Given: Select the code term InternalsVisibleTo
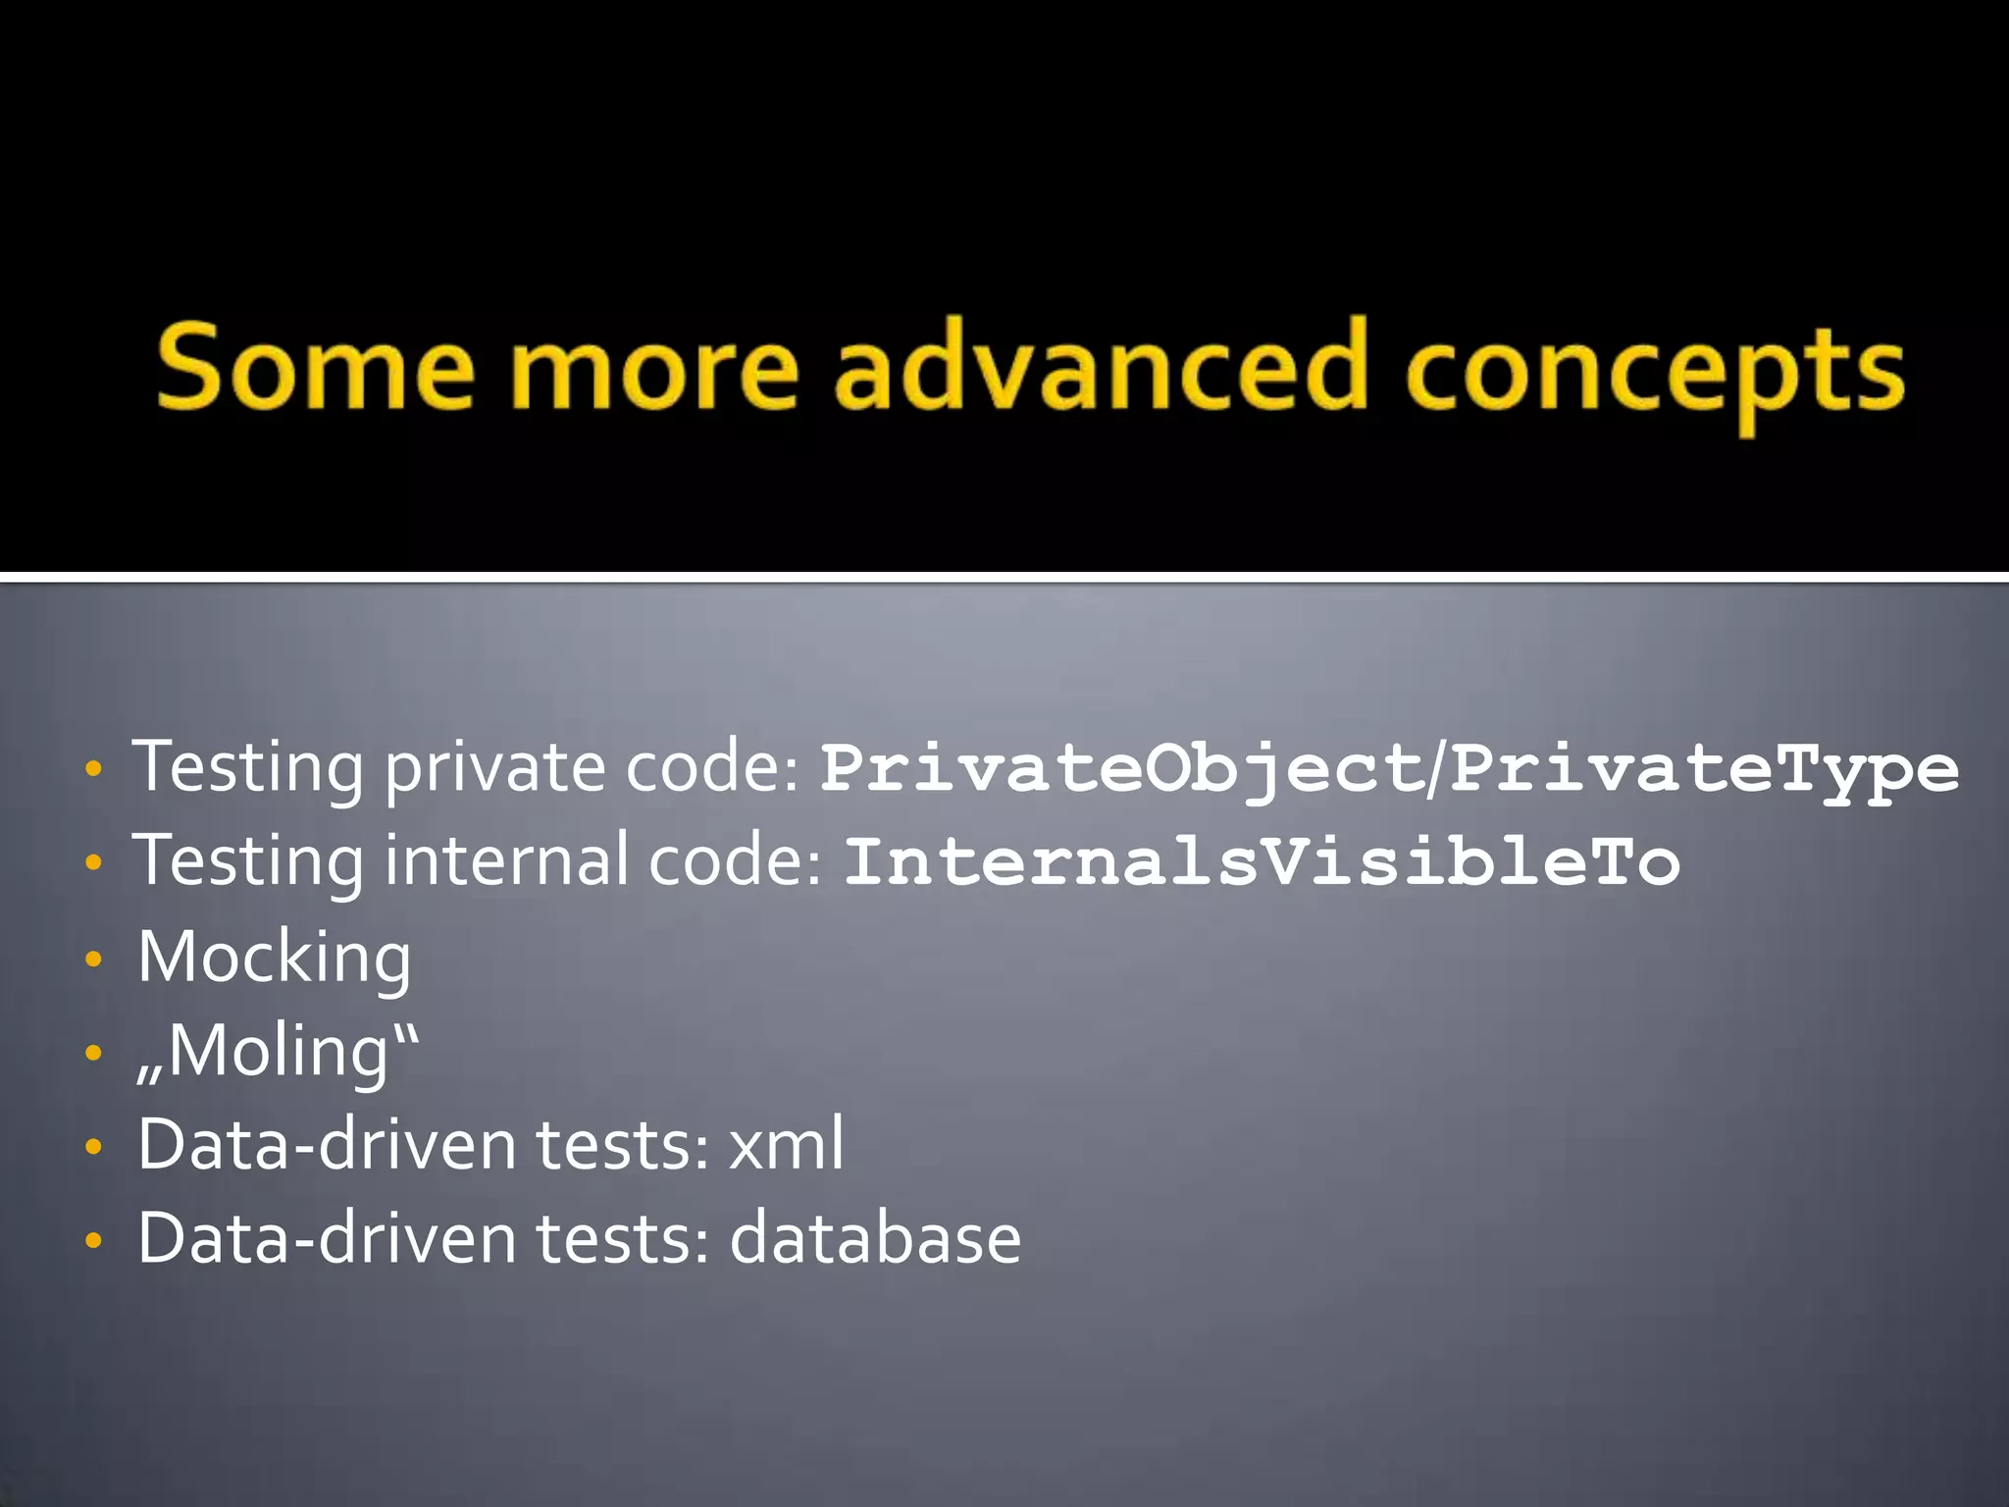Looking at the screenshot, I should pos(1262,861).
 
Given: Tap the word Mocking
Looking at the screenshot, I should pos(275,958).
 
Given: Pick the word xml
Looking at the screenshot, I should pos(786,1144).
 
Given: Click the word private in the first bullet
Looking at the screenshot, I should pos(494,768).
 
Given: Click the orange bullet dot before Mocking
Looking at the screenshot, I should pos(93,959).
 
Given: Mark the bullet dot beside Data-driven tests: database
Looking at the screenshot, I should pos(93,1240).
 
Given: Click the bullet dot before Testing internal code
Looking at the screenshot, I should pos(93,863).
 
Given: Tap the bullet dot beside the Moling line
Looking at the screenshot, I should pos(93,1053).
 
